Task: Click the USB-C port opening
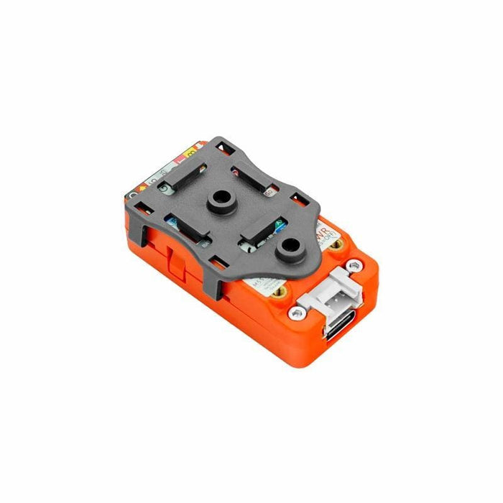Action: coord(337,328)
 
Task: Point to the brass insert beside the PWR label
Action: coord(336,246)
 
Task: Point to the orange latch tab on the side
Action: coord(174,259)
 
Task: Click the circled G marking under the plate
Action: coord(164,189)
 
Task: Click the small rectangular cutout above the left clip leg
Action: coord(147,209)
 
